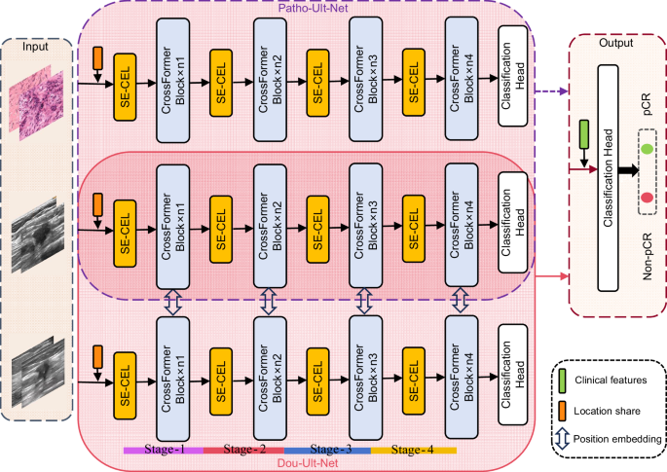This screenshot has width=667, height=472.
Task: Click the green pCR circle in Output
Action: click(646, 148)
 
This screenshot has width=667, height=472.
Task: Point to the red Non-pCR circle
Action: click(646, 198)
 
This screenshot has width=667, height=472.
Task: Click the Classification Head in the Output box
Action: click(610, 177)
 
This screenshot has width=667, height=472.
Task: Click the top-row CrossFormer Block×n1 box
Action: click(171, 79)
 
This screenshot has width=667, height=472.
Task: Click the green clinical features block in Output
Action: click(583, 135)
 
